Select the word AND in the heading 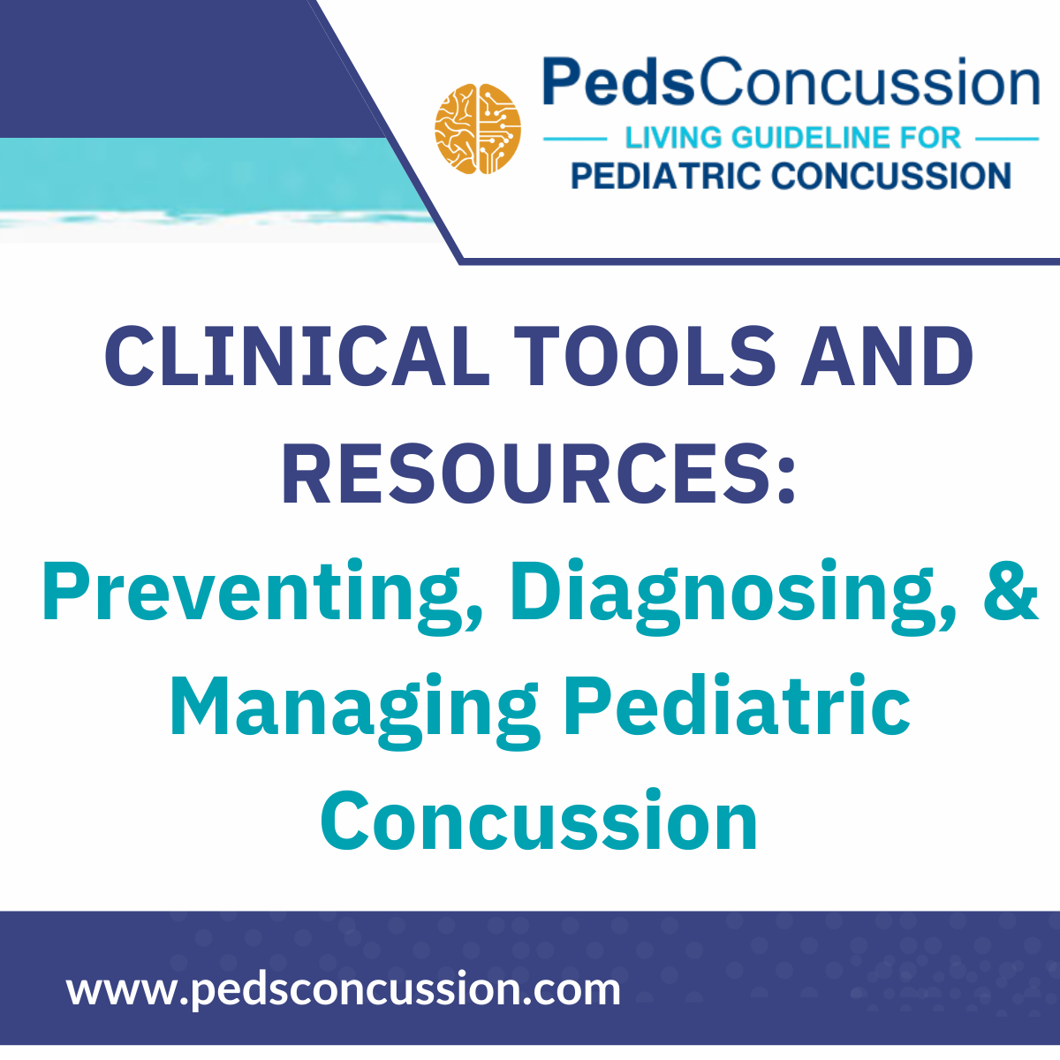(886, 358)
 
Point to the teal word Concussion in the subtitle (539, 821)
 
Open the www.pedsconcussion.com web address (344, 988)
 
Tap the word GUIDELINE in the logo (810, 138)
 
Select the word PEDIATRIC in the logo (664, 176)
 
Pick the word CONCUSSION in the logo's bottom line (891, 176)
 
